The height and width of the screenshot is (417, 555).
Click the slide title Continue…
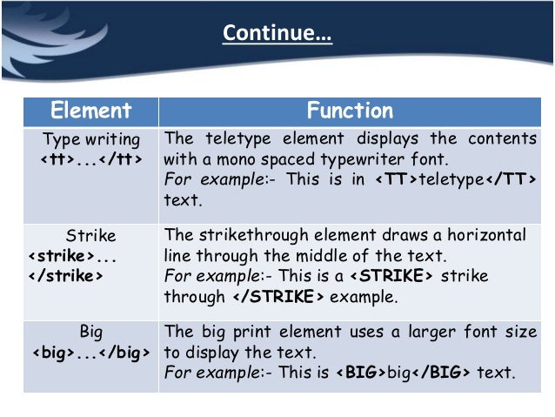point(277,33)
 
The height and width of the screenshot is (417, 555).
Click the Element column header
point(91,111)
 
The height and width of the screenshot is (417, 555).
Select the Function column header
point(350,111)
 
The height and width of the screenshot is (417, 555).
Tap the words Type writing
point(91,139)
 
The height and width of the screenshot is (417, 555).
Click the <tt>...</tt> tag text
point(91,159)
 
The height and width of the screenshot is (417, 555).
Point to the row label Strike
point(91,236)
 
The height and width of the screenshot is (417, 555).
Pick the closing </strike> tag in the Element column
point(60,276)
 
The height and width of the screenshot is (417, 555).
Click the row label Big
point(91,332)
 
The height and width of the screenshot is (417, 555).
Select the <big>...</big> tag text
point(91,353)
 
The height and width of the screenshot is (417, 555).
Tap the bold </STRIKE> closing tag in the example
point(277,296)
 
